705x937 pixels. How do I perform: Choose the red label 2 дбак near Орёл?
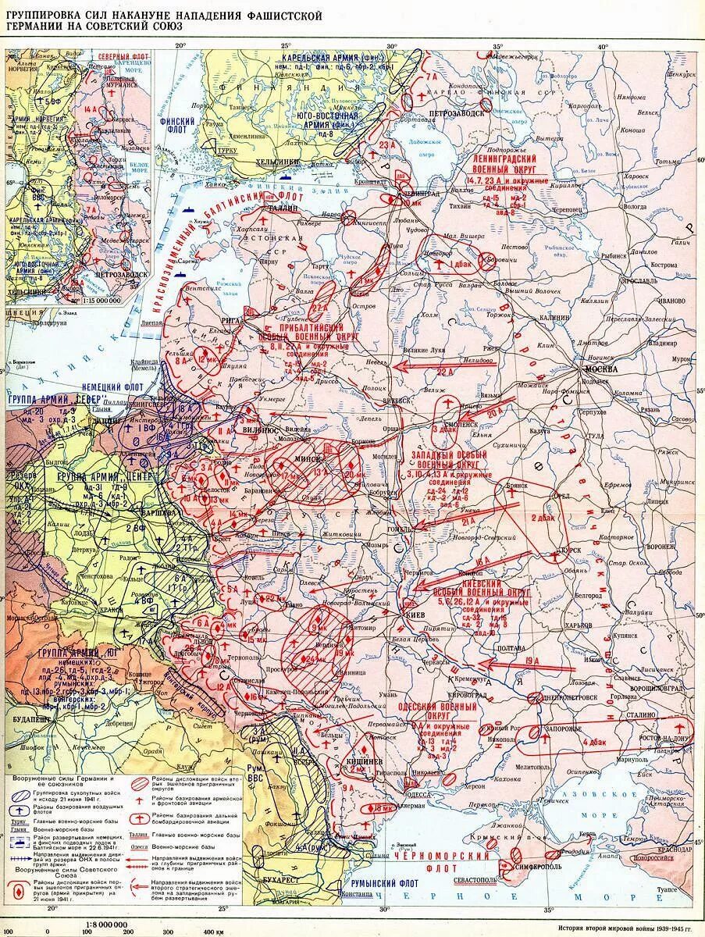[543, 518]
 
